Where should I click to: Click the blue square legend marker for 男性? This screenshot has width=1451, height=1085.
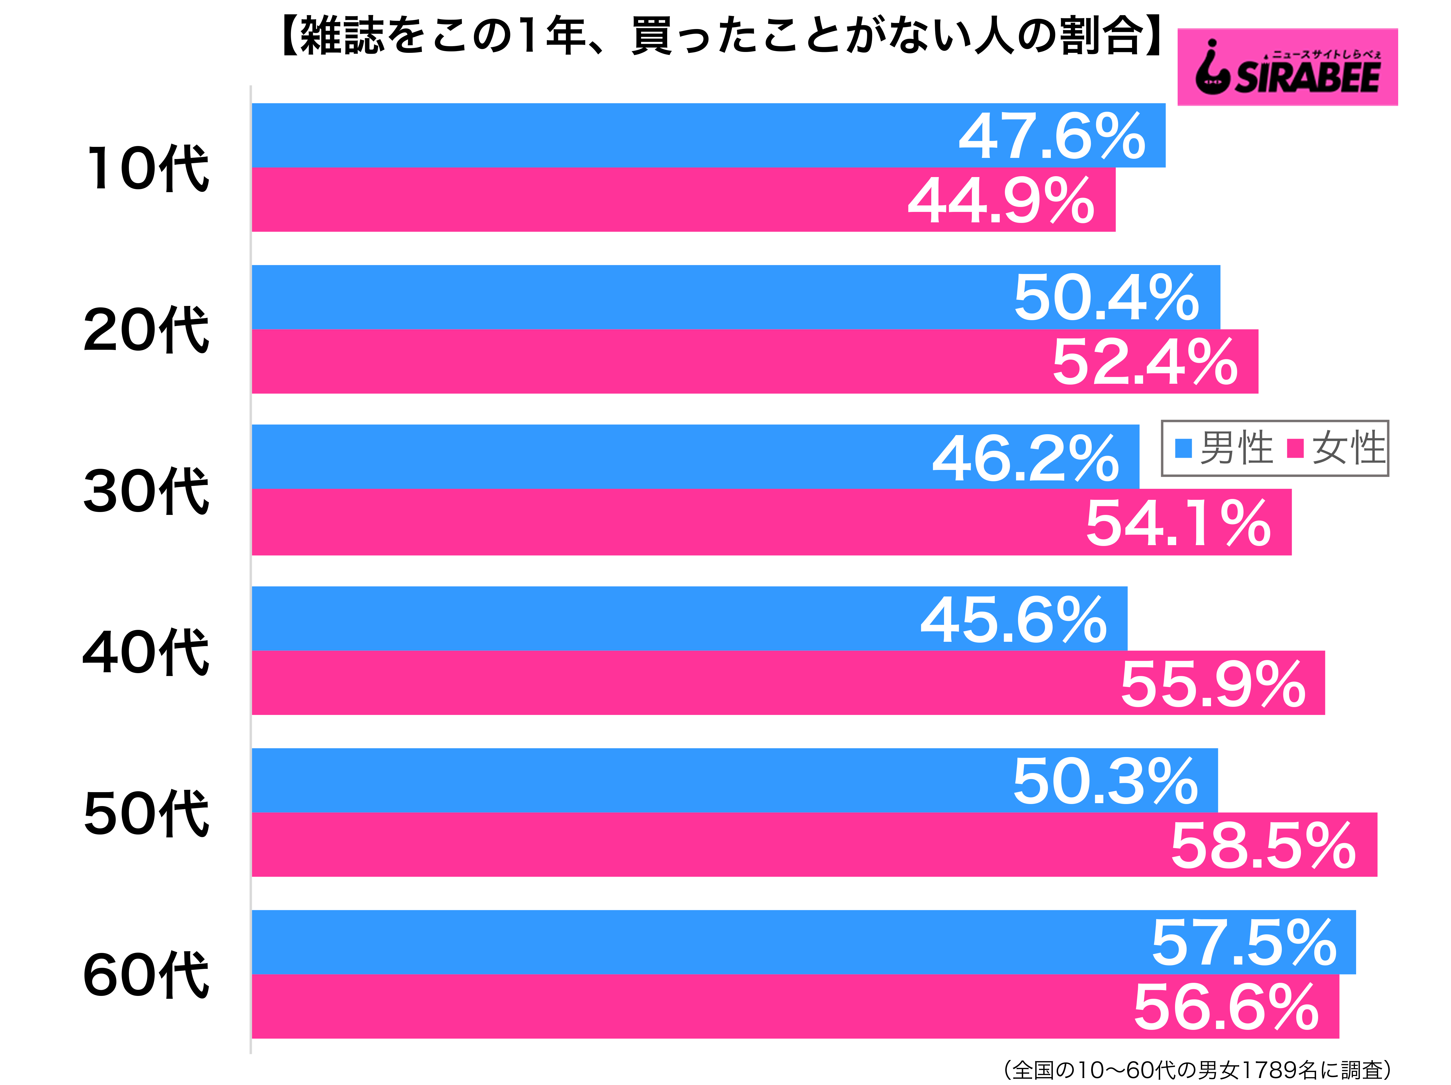click(1183, 448)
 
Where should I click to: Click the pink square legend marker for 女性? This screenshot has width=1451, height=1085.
click(1295, 448)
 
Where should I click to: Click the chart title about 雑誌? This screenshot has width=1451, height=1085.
click(721, 36)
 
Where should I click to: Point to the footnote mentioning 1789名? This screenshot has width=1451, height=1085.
click(1197, 1070)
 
